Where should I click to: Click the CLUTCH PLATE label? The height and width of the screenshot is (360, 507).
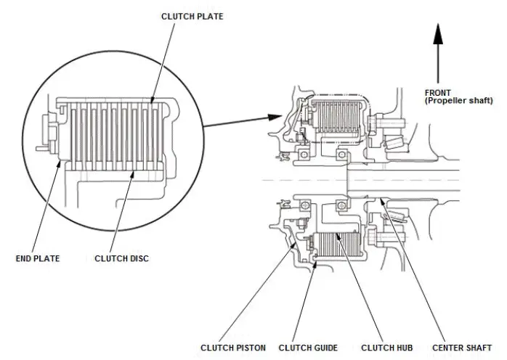point(192,17)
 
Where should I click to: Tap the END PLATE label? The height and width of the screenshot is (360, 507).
point(38,258)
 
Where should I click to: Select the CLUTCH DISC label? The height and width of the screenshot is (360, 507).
point(121,258)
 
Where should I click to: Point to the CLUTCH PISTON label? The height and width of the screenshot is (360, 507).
point(233,348)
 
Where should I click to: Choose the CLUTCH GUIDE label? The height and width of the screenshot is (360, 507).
point(308,348)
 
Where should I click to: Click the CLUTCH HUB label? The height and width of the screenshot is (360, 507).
point(386,348)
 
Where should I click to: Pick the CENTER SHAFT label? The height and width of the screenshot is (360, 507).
point(462,348)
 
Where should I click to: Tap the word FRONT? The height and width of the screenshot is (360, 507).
point(438,93)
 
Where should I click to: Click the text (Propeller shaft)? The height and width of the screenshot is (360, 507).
point(459,100)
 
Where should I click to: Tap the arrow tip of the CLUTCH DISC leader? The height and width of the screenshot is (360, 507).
point(133,172)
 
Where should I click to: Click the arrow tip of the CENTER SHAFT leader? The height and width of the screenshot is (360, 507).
point(381,199)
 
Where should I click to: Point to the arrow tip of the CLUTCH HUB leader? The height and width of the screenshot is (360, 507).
point(336,234)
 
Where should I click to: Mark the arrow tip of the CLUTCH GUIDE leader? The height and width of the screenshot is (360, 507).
point(316,263)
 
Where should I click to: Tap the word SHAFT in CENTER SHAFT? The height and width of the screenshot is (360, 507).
point(478,348)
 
